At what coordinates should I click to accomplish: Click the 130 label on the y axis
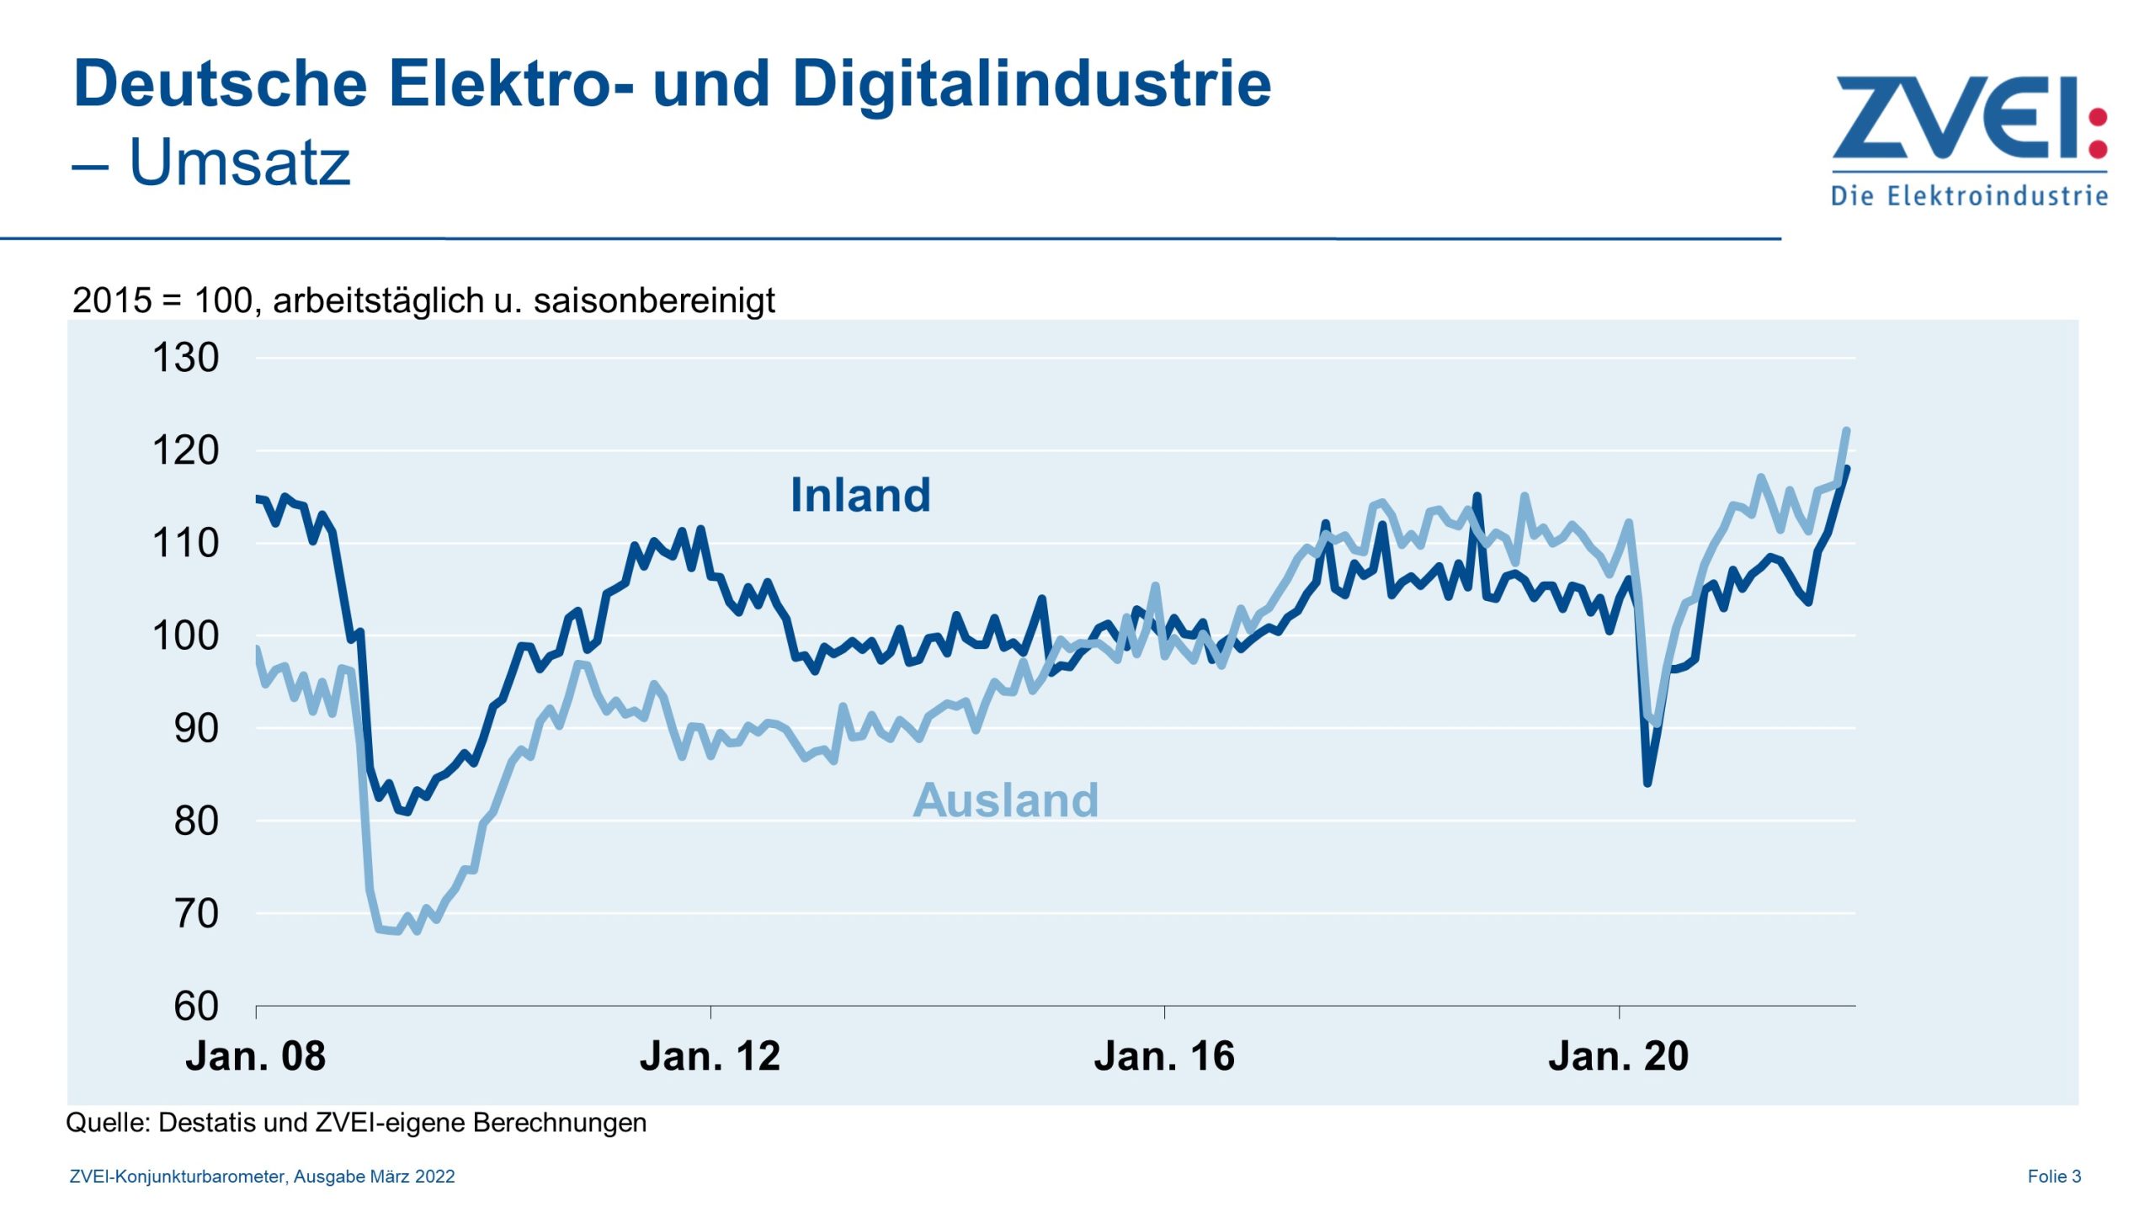point(185,358)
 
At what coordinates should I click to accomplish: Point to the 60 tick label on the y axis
point(196,1006)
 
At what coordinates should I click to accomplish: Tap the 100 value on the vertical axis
point(185,635)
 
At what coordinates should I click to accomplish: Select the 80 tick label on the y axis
point(196,821)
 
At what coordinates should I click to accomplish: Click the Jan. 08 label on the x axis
point(255,1056)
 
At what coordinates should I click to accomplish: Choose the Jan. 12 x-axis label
point(710,1056)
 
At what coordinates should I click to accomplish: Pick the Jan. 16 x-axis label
point(1164,1056)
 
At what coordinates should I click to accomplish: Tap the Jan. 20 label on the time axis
point(1618,1056)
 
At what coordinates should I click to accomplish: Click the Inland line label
point(860,495)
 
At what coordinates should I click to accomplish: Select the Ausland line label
point(1005,800)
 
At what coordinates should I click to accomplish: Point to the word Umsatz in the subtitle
point(239,162)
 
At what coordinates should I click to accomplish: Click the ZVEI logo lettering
point(1953,118)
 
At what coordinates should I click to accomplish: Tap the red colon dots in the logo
point(2099,133)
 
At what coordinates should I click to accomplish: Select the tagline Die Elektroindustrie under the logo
point(1969,196)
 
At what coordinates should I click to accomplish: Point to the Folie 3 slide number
point(2054,1177)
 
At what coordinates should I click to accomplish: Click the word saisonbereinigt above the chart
point(654,300)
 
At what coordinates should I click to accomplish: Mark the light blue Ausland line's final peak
point(1846,431)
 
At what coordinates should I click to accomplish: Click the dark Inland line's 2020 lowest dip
point(1647,783)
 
